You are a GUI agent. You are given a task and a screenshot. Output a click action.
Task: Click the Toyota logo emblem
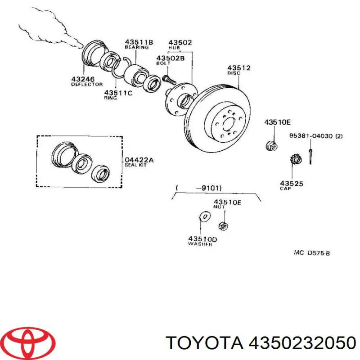(22, 342)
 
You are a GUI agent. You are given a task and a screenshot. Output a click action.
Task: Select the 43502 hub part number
(181, 43)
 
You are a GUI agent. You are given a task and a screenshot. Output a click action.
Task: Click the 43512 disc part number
(239, 68)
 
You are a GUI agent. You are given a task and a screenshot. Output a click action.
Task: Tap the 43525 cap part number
(292, 183)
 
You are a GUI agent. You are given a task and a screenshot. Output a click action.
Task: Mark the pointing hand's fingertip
(81, 45)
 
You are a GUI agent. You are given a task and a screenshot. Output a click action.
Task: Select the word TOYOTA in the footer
(203, 343)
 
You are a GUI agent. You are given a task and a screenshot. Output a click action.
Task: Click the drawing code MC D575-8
(312, 253)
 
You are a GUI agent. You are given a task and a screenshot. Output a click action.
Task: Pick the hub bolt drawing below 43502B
(167, 80)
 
